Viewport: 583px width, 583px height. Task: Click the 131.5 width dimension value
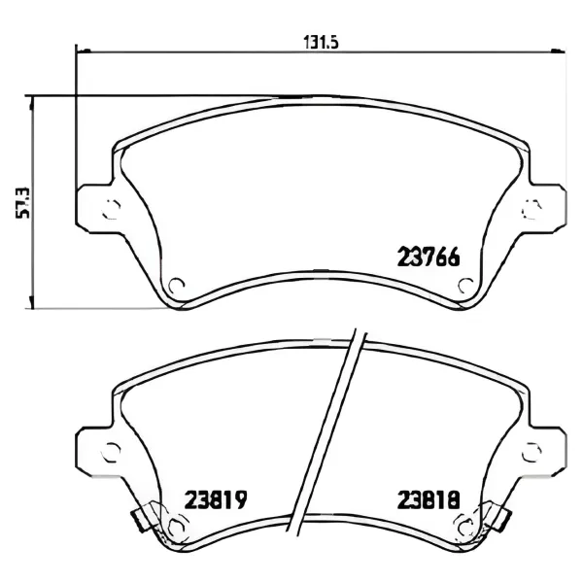click(x=322, y=42)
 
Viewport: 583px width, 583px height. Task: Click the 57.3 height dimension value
click(x=22, y=203)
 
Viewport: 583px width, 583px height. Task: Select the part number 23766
click(x=429, y=257)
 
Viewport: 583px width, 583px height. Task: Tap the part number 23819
click(x=216, y=499)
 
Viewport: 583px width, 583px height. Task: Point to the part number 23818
click(x=429, y=499)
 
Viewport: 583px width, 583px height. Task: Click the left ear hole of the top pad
click(x=112, y=209)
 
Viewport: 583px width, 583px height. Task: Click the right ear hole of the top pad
click(x=532, y=209)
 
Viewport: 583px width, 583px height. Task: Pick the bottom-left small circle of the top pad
click(x=176, y=286)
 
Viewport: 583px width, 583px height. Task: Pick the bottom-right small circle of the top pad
click(x=465, y=286)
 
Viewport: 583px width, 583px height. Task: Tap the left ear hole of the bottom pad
click(x=112, y=452)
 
